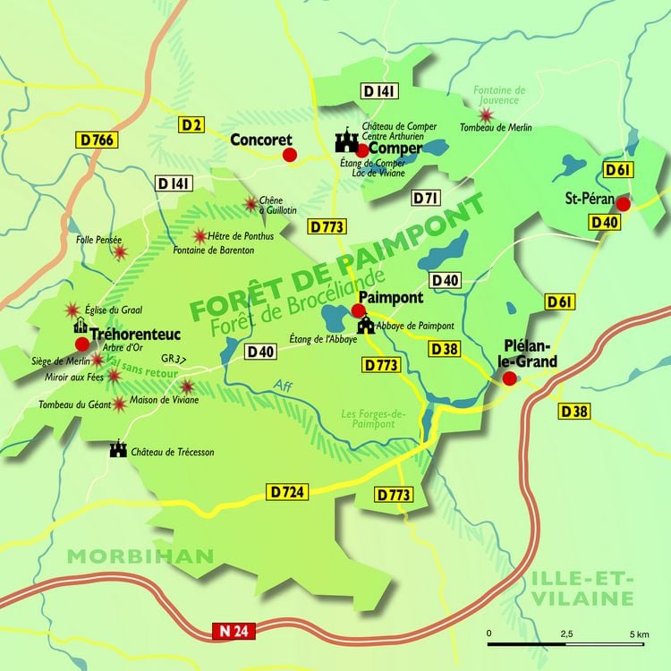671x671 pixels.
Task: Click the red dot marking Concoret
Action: pyautogui.click(x=289, y=155)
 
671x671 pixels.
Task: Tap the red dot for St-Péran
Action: pyautogui.click(x=624, y=204)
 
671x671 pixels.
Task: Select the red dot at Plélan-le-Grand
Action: pyautogui.click(x=509, y=378)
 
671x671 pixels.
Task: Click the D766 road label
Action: pyautogui.click(x=96, y=140)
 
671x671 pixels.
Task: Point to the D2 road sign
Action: pyautogui.click(x=191, y=124)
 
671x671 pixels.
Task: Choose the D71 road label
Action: pyautogui.click(x=426, y=198)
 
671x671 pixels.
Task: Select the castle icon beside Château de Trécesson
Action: pyautogui.click(x=117, y=450)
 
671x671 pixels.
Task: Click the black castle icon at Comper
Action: pyautogui.click(x=346, y=141)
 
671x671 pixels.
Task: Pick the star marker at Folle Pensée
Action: pyautogui.click(x=120, y=252)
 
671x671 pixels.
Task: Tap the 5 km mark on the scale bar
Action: pyautogui.click(x=639, y=633)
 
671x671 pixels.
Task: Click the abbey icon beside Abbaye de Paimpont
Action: pyautogui.click(x=366, y=326)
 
